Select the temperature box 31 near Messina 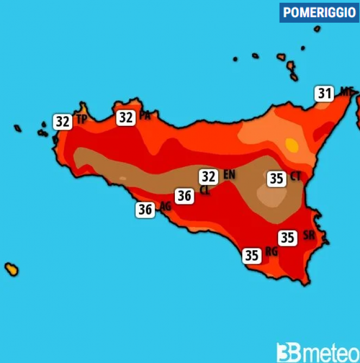(x=325, y=94)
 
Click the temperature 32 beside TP (x=62, y=122)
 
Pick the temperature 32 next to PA (x=126, y=117)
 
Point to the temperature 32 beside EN (x=208, y=176)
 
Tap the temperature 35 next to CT (x=276, y=178)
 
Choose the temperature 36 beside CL (x=184, y=196)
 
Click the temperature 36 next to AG (x=145, y=209)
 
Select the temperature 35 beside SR (x=287, y=238)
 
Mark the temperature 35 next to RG (x=251, y=255)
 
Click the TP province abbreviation (x=81, y=120)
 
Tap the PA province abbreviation (x=144, y=116)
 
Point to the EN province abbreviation (x=229, y=175)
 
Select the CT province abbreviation (x=296, y=176)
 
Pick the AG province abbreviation (x=165, y=207)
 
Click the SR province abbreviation (x=308, y=235)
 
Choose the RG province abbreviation (x=271, y=252)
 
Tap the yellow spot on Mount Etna (x=292, y=145)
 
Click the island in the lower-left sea (x=11, y=269)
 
